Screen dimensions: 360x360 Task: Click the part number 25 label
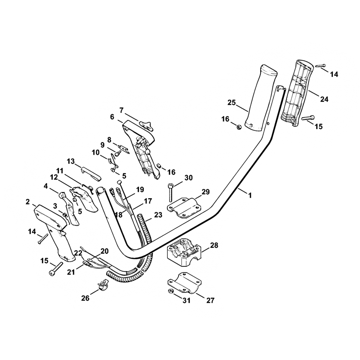[x=231, y=103]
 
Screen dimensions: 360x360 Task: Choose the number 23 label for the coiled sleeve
[x=158, y=215]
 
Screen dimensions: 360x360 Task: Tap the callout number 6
[x=112, y=117]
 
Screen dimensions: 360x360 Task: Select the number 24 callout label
[x=324, y=99]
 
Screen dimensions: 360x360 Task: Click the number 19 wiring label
[x=140, y=189]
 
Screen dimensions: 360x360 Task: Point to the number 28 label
[x=214, y=246]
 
